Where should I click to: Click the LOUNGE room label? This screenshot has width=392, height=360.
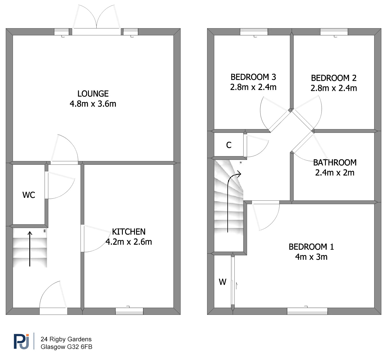93,94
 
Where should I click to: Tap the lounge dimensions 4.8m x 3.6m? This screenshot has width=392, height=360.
93,104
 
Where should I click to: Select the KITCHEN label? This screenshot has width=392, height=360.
129,232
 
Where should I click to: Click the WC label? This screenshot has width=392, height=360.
29,195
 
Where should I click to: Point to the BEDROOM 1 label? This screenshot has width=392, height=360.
311,247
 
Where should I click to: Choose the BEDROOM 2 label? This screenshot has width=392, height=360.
334,78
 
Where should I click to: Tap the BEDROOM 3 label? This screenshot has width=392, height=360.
253,77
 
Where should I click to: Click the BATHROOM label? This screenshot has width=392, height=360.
335,163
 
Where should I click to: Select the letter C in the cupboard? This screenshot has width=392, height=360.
229,145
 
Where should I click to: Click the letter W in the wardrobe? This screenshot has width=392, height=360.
223,282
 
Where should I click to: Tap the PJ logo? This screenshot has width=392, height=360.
22,341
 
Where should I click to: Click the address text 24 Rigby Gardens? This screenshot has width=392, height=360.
66,339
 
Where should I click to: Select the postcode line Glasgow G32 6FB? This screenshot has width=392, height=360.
66,347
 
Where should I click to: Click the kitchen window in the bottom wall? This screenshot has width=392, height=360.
129,311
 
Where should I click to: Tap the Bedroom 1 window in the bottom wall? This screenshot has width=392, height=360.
307,311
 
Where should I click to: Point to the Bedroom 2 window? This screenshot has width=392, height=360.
334,32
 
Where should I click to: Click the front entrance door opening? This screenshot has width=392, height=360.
53,311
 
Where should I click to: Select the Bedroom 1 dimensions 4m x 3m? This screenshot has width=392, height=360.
311,257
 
